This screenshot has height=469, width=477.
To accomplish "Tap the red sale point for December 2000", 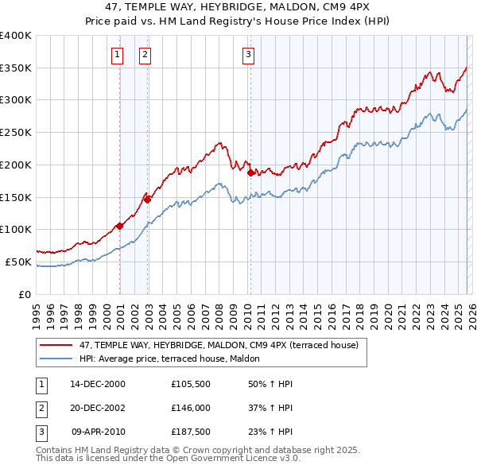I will (x=120, y=226).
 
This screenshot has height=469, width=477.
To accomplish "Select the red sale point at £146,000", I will (x=148, y=200).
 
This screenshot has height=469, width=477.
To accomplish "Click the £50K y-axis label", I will (x=18, y=262).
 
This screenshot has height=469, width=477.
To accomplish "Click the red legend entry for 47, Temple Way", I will (x=219, y=345).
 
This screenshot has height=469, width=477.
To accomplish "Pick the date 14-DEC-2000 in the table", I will (x=98, y=384).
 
